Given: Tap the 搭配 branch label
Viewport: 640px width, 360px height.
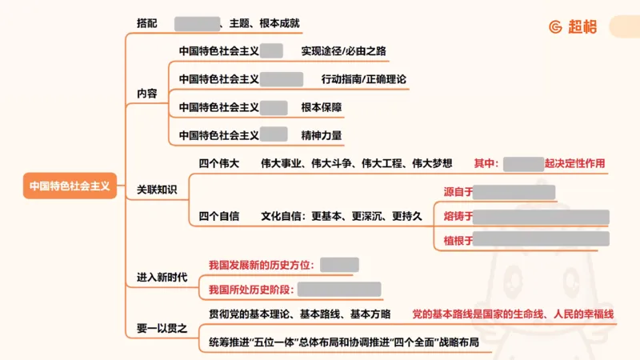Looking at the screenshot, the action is point(147,24).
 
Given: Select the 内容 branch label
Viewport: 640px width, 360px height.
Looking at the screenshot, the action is point(147,94).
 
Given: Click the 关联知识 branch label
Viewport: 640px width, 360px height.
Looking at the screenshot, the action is point(157,190).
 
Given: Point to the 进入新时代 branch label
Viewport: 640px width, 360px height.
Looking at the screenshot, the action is point(162,277).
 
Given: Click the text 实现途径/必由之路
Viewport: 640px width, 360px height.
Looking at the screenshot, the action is point(343,51).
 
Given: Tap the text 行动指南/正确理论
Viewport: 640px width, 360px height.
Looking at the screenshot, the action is point(364,79).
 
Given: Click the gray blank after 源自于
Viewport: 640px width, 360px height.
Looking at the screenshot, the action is point(514,192).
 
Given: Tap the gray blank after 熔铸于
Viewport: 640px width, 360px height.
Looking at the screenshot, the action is point(542,217).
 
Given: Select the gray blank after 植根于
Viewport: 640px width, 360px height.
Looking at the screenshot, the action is point(542,239).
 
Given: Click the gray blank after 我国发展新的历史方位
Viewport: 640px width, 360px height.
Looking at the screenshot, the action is point(339,265).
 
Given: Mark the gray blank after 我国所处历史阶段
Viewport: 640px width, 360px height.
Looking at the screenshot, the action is point(339,290).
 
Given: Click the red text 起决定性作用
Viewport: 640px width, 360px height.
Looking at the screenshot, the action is point(574,163).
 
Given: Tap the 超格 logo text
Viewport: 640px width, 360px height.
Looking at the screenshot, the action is point(582,26).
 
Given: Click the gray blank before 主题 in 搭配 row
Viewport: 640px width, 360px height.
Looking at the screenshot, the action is point(197,24).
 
